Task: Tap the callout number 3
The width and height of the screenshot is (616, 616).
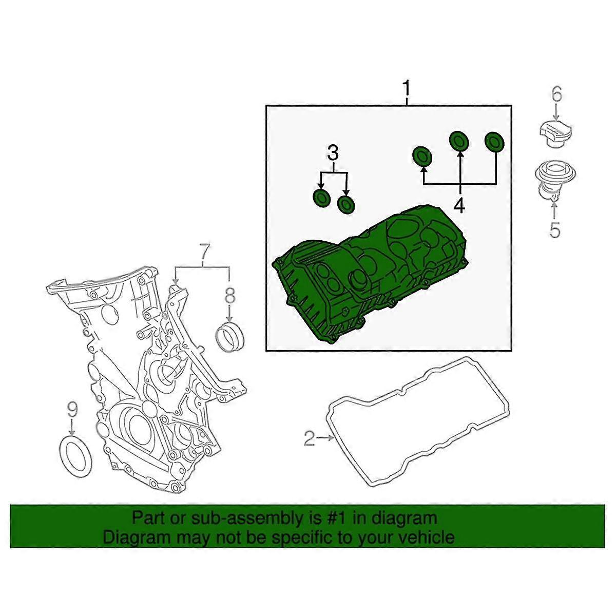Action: [333, 153]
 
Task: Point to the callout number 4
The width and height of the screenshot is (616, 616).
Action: [458, 205]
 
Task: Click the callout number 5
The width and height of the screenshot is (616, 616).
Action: [555, 229]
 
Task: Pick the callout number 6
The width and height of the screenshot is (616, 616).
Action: [556, 94]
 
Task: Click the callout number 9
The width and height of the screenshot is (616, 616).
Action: [72, 409]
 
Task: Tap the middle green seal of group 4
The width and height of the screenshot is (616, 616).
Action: [459, 141]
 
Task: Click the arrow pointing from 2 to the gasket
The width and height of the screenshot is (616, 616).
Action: [325, 438]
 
